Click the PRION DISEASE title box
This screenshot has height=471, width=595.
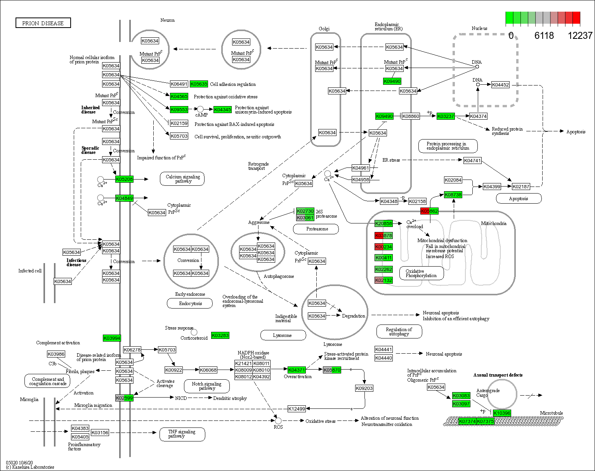click(43, 23)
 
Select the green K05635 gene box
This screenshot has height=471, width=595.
click(199, 84)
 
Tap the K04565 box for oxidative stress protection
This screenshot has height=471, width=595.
click(179, 96)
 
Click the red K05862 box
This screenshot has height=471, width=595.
click(429, 211)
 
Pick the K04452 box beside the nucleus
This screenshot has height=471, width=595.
click(500, 85)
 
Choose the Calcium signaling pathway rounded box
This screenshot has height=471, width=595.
click(182, 179)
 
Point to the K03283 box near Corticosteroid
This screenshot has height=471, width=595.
click(220, 335)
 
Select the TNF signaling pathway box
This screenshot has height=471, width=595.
click(182, 434)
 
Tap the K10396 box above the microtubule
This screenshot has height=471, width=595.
click(502, 413)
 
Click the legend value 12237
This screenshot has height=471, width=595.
click(580, 36)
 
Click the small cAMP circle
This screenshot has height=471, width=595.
click(200, 110)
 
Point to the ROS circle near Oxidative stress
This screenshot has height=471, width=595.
click(278, 421)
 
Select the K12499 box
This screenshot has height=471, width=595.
click(297, 409)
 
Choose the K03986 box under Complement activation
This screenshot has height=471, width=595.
click(56, 354)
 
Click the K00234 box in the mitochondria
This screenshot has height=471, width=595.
click(383, 247)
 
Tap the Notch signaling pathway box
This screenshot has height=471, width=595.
click(206, 386)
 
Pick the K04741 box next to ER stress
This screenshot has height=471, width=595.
click(472, 160)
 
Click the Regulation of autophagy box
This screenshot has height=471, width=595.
click(399, 331)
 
